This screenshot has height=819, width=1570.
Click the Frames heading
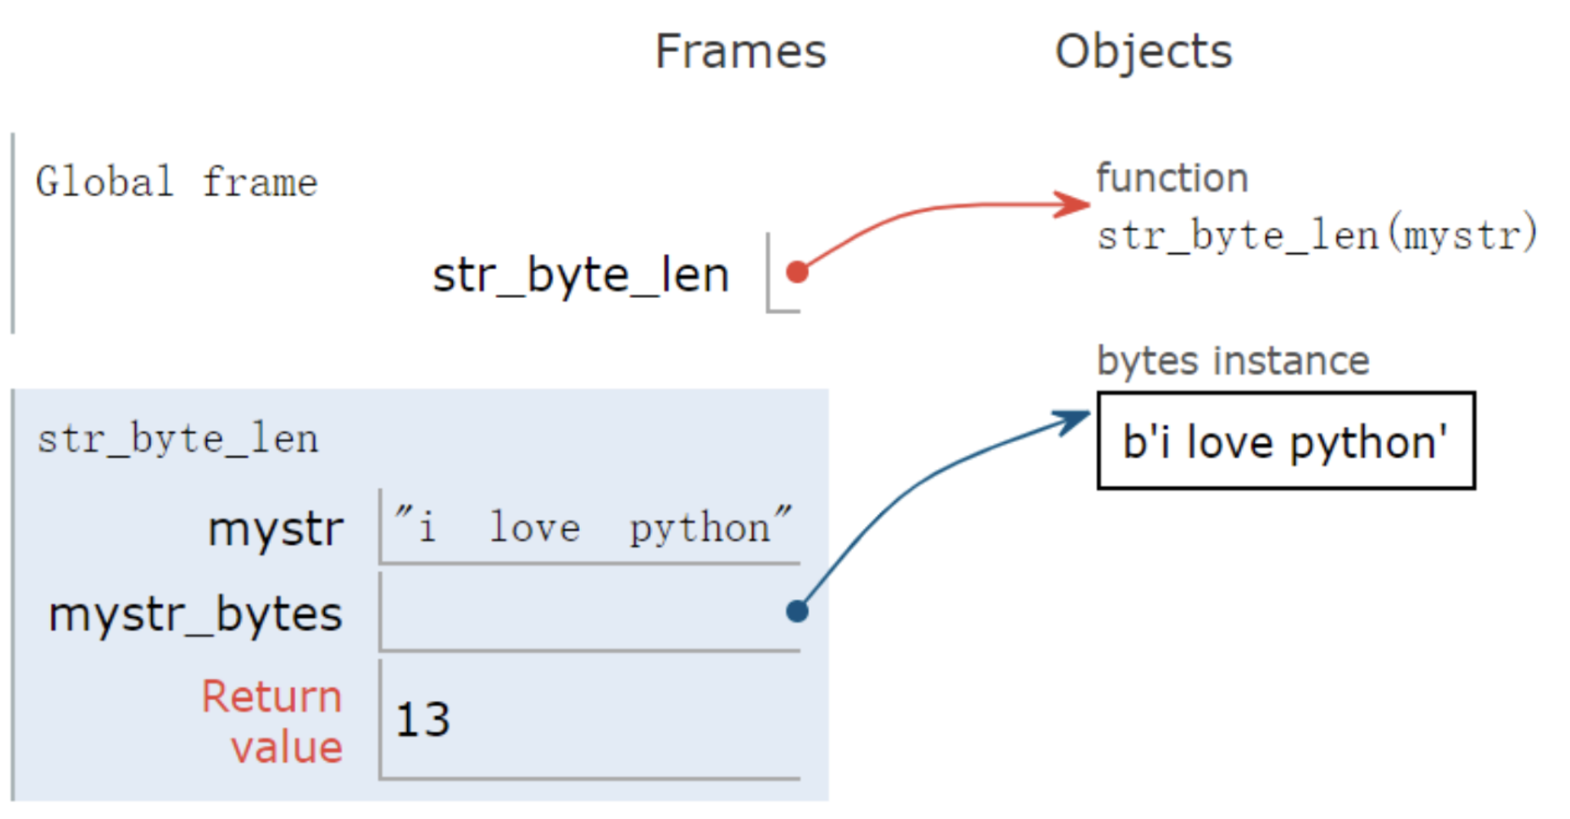click(740, 52)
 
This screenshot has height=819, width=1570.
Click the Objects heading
click(1142, 52)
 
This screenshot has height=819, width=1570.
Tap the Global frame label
click(176, 182)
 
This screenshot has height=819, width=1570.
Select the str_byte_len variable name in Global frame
click(580, 275)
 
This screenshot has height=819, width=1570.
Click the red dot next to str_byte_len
click(797, 272)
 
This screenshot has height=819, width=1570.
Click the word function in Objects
click(1171, 178)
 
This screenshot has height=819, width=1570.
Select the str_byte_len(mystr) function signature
click(1316, 235)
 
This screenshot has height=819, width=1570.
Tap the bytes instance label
click(1232, 361)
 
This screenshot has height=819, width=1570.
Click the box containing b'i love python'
click(1285, 440)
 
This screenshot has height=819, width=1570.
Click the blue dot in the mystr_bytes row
click(797, 611)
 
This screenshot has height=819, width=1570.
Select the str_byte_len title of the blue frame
click(178, 440)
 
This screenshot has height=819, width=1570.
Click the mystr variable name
click(275, 529)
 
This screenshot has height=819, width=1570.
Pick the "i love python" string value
click(592, 527)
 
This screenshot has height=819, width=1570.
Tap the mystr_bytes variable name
click(195, 614)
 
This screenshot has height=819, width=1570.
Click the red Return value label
click(272, 721)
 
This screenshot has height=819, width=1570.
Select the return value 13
click(423, 720)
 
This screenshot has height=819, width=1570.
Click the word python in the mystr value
click(700, 529)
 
